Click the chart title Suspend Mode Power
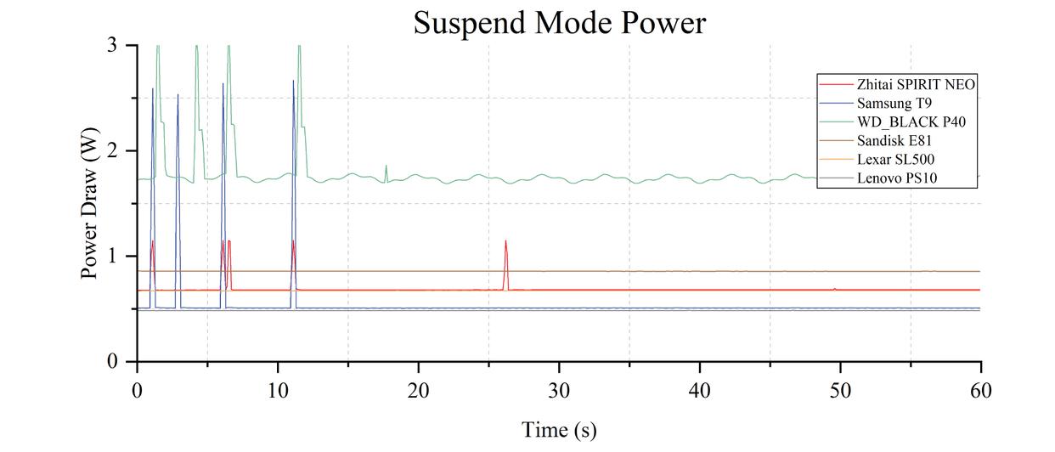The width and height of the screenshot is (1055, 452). pos(559,23)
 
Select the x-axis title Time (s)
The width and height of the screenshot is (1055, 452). pos(559,430)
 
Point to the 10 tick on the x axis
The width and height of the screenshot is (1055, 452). pos(277,391)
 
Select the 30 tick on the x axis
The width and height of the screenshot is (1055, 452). pos(559,391)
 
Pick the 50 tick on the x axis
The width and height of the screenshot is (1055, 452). pos(840,391)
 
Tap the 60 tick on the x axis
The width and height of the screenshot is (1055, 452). pos(980,391)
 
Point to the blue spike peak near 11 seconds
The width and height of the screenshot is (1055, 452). pos(293,82)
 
